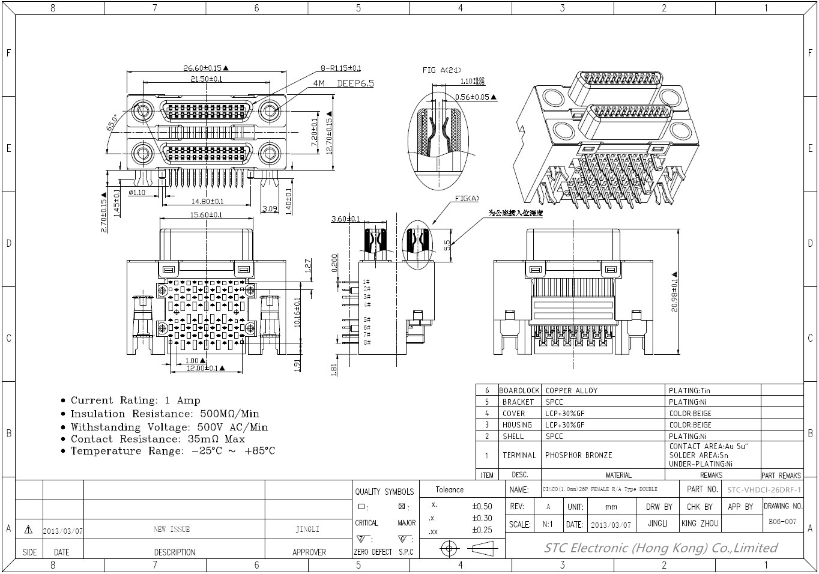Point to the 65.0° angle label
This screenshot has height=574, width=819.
point(112,122)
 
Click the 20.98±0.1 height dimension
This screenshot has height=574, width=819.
point(675,295)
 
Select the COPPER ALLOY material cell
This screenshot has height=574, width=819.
point(571,390)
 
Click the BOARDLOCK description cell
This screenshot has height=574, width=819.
point(519,390)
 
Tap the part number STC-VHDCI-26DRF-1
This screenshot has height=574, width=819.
point(764,489)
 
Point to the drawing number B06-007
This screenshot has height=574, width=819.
point(782,522)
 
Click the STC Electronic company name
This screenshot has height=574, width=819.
point(660,548)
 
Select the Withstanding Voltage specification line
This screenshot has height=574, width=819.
point(169,427)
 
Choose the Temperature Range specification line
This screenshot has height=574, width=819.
point(172,451)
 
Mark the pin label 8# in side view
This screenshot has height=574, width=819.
point(366,342)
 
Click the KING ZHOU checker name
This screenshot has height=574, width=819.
point(700,524)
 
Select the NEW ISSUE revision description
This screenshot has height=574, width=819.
point(172,530)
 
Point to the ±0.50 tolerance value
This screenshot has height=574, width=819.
point(482,506)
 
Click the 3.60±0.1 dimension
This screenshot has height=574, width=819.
point(345,219)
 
